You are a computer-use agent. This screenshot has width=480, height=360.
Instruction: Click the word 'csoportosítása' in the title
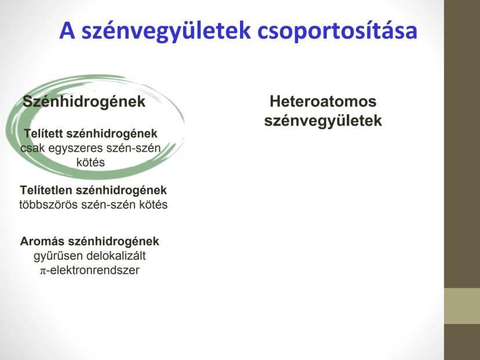click(337, 31)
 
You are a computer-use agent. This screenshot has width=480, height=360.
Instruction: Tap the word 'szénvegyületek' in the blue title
click(166, 31)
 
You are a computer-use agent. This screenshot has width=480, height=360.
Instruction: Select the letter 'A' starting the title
click(67, 30)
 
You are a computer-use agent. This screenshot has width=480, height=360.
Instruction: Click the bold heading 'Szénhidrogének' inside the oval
click(84, 101)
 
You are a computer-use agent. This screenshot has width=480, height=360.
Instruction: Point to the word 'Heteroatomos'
click(323, 101)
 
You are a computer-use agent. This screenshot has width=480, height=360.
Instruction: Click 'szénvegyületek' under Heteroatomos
click(323, 121)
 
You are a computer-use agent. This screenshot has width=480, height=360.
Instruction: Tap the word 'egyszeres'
click(75, 148)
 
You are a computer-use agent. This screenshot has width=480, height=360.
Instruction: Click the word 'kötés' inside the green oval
click(90, 162)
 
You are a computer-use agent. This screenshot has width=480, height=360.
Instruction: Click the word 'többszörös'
click(48, 205)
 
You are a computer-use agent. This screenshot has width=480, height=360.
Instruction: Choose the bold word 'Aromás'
click(42, 241)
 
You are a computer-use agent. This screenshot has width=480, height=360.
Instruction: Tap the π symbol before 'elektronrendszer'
click(43, 271)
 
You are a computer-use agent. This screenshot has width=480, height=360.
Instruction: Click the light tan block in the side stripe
click(462, 306)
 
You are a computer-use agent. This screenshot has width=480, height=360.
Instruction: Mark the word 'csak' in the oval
click(32, 148)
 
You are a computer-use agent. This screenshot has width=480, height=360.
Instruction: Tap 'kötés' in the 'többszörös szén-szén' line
click(154, 205)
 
